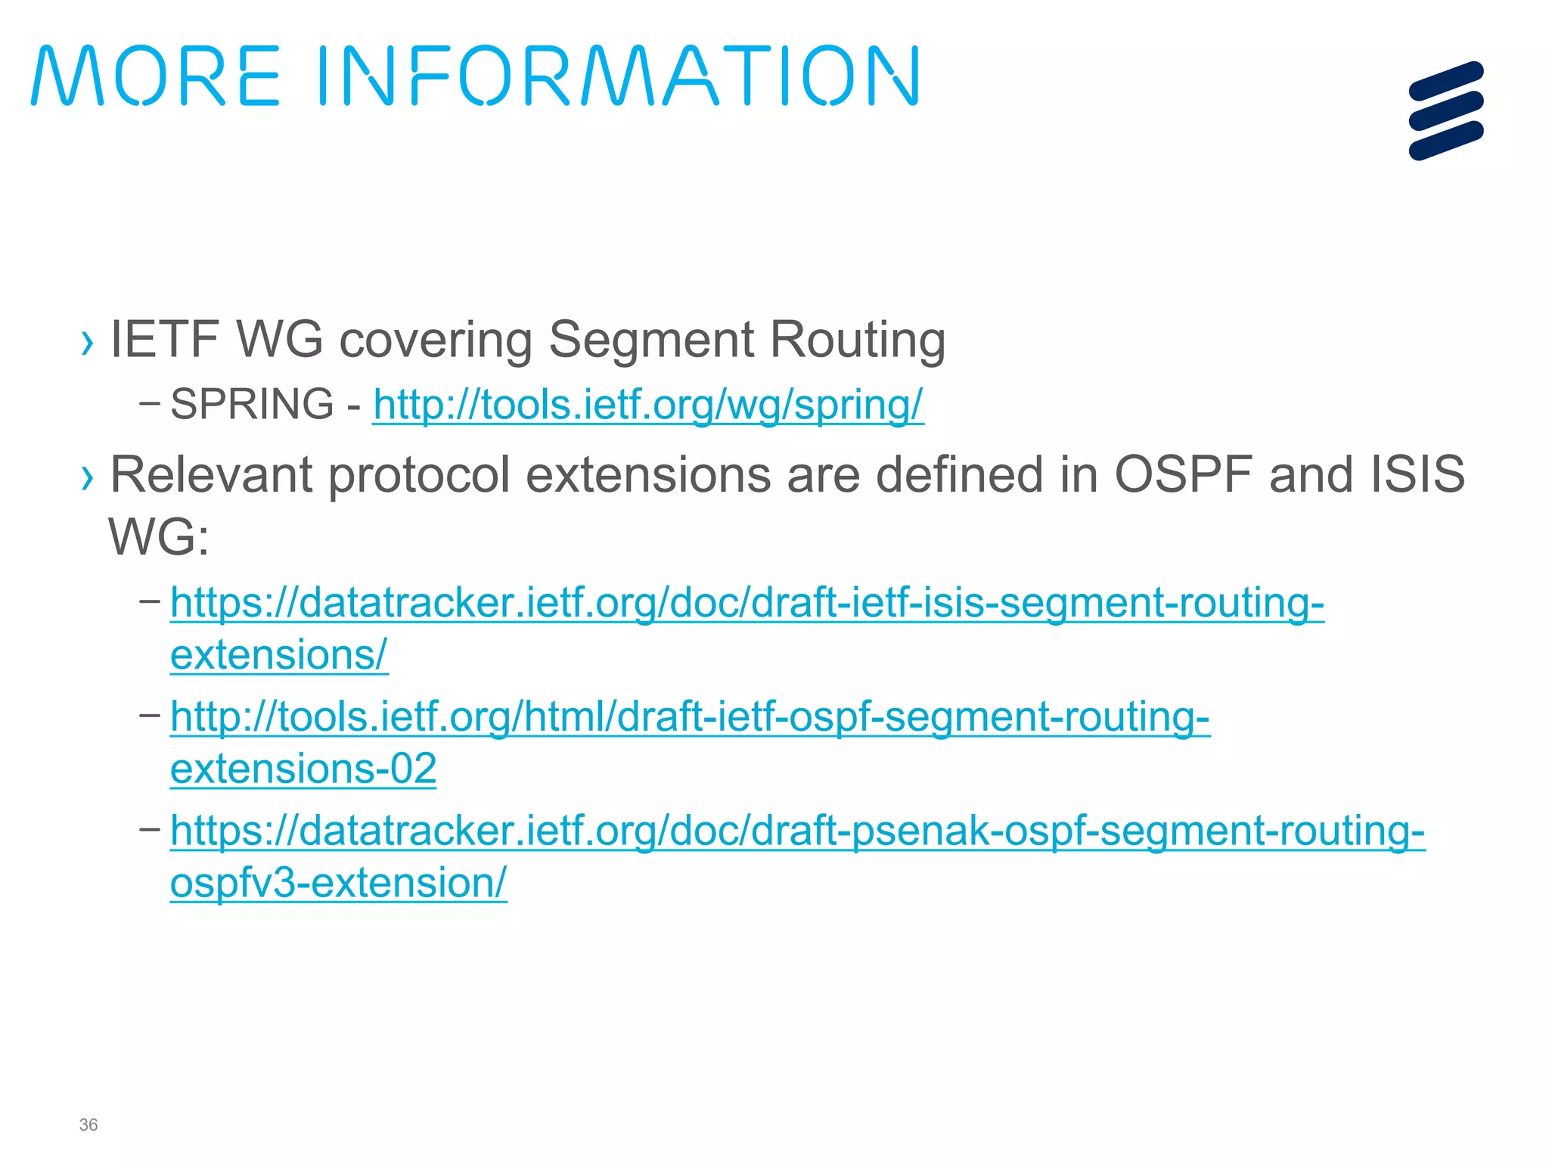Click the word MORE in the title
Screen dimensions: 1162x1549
pyautogui.click(x=156, y=76)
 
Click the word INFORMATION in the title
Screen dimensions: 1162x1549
pyautogui.click(x=617, y=76)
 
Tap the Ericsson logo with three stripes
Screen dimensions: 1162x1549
pyautogui.click(x=1445, y=110)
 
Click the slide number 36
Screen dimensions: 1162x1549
pyautogui.click(x=88, y=1125)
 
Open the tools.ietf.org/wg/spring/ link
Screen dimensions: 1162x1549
pyautogui.click(x=648, y=405)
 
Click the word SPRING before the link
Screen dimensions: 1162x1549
pyautogui.click(x=252, y=404)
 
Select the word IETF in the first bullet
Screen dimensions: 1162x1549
pyautogui.click(x=165, y=339)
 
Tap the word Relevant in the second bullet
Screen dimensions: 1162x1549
pyautogui.click(x=211, y=475)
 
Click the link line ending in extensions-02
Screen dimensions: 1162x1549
pyautogui.click(x=303, y=769)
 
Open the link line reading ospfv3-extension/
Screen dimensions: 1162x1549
pyautogui.click(x=338, y=883)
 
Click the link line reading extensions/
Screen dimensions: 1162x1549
pyautogui.click(x=279, y=655)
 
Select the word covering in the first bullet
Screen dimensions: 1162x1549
pyautogui.click(x=436, y=340)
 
